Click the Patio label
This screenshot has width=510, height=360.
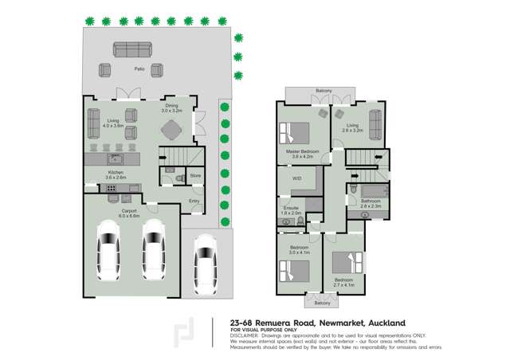139,69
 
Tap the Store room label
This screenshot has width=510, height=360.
194,175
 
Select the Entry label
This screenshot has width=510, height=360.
194,201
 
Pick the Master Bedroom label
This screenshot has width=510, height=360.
304,151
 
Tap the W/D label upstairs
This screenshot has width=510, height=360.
297,178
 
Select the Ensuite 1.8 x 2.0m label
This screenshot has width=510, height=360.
292,210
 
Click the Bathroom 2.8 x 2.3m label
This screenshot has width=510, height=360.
371,202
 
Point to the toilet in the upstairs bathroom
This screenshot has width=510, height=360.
352,190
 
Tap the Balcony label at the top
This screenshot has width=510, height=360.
324,90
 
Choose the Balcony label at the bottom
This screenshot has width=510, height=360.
321,303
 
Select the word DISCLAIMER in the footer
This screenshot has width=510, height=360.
247,335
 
